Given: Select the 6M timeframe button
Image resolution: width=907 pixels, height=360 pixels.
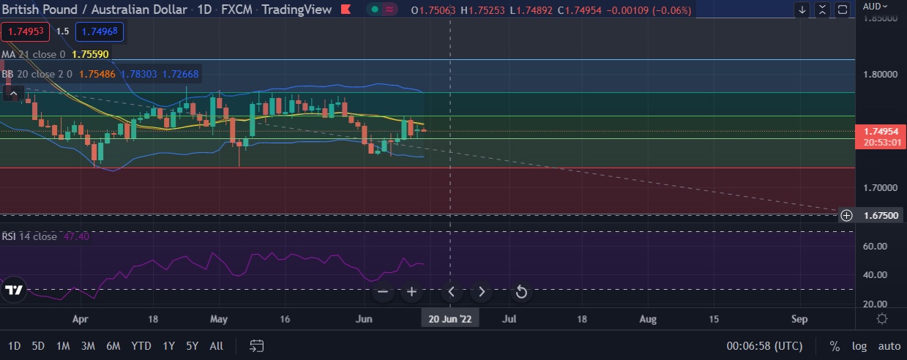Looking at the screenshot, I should [x=113, y=345].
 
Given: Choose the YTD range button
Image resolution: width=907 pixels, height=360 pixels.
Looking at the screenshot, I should [x=141, y=345].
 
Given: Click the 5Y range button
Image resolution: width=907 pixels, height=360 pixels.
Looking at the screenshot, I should [x=192, y=345].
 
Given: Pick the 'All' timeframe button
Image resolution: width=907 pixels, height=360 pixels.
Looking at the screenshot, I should [x=216, y=345].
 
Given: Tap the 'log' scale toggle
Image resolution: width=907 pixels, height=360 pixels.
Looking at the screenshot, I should [x=859, y=346].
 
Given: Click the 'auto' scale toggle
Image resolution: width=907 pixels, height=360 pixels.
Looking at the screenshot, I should [x=889, y=346].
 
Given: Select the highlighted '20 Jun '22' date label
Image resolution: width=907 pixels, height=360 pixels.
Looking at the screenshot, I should [x=450, y=319].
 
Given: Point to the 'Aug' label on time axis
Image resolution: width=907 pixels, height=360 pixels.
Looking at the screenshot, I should [x=648, y=319].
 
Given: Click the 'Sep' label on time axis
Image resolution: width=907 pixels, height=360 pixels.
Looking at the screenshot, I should [x=799, y=319].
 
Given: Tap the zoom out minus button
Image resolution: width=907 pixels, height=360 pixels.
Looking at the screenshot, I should [x=383, y=292].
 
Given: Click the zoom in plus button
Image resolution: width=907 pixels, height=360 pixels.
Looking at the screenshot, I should [x=411, y=292].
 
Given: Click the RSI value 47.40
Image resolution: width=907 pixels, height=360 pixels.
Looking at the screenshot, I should [x=76, y=236].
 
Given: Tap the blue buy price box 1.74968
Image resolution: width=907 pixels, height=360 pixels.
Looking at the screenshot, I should [x=100, y=32].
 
